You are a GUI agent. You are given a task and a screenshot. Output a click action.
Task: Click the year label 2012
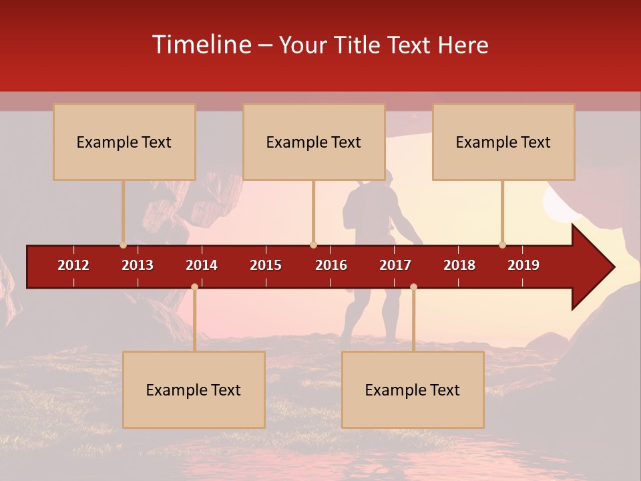pyautogui.click(x=73, y=265)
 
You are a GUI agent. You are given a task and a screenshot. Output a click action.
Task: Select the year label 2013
pyautogui.click(x=138, y=265)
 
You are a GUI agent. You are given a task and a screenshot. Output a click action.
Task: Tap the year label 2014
pyautogui.click(x=202, y=265)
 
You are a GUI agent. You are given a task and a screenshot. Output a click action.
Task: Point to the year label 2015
pyautogui.click(x=266, y=265)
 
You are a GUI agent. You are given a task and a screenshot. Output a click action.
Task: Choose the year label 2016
pyautogui.click(x=331, y=265)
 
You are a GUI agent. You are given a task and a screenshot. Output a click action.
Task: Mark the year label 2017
pyautogui.click(x=395, y=265)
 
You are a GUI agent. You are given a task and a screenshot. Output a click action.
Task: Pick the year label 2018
pyautogui.click(x=459, y=265)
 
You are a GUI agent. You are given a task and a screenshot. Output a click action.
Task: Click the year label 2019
pyautogui.click(x=523, y=265)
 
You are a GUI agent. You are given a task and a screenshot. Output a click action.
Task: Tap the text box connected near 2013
pyautogui.click(x=124, y=142)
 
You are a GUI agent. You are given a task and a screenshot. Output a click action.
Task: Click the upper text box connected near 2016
pyautogui.click(x=314, y=142)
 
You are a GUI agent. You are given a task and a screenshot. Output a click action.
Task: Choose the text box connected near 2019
pyautogui.click(x=503, y=142)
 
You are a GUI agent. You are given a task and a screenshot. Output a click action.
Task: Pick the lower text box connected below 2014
pyautogui.click(x=194, y=389)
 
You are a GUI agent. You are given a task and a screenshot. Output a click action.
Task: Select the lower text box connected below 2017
pyautogui.click(x=413, y=389)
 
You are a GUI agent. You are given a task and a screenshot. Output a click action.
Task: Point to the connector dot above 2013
pyautogui.click(x=123, y=245)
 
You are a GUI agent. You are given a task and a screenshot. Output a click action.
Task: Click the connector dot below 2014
pyautogui.click(x=194, y=287)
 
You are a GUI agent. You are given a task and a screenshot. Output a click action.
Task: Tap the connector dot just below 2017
pyautogui.click(x=413, y=287)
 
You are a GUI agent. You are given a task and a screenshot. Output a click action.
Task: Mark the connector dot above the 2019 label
pyautogui.click(x=502, y=245)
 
